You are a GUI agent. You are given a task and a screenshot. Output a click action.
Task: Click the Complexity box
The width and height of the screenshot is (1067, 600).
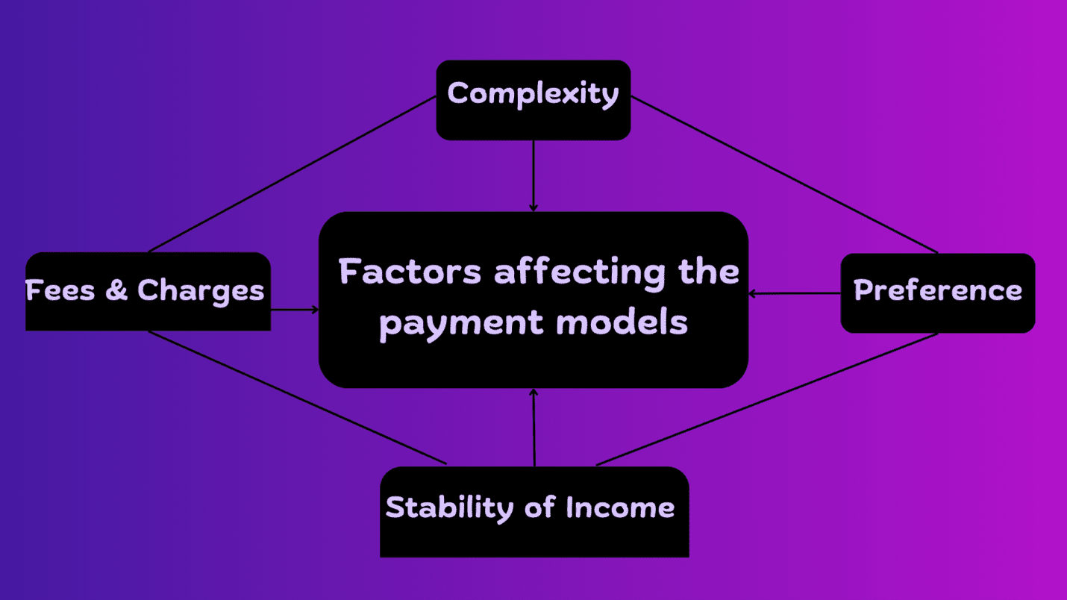[533, 99]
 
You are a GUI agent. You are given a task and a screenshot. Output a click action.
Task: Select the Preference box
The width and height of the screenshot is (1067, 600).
[937, 293]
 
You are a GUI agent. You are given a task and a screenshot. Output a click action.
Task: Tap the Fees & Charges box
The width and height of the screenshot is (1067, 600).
[148, 292]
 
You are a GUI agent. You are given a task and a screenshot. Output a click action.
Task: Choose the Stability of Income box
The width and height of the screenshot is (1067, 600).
[533, 512]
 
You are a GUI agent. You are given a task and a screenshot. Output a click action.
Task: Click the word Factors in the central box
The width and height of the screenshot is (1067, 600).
[410, 272]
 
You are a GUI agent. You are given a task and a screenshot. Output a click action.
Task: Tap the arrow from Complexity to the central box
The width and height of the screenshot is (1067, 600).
[533, 175]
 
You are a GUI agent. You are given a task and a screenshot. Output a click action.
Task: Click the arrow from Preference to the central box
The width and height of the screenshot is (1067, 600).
[795, 293]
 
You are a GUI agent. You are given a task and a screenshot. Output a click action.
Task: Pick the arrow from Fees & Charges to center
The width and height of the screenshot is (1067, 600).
[295, 309]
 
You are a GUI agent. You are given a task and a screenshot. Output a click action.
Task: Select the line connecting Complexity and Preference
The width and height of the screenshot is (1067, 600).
[783, 174]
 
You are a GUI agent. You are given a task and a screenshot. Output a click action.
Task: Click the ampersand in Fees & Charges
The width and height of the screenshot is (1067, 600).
[116, 290]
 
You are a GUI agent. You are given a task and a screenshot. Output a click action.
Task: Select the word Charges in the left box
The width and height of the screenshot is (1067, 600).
[201, 291]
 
